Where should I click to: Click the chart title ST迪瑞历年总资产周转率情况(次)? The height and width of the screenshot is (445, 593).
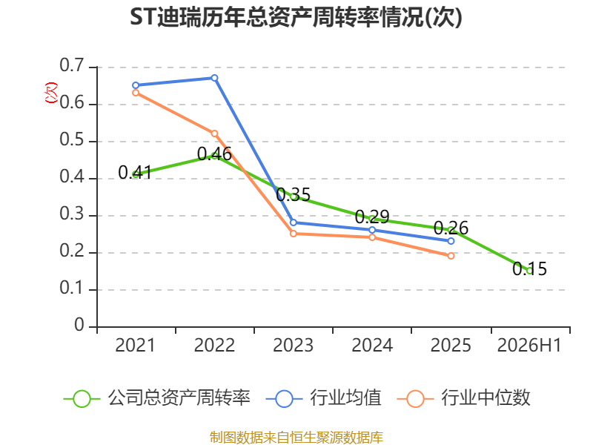pos(296,17)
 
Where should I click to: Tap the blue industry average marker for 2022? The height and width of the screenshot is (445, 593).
pos(214,78)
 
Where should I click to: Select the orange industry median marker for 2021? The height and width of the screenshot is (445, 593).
pos(136,93)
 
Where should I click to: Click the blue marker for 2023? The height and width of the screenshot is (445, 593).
pos(293,223)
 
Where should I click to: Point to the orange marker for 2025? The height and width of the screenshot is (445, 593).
pos(451,256)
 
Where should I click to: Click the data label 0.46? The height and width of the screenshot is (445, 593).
pos(214,154)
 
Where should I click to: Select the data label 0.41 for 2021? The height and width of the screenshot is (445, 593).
pos(135,173)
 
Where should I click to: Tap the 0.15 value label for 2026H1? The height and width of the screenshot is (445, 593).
pos(529,269)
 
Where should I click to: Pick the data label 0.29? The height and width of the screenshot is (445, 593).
pos(372,217)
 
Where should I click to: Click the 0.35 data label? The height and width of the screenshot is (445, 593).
pos(293,195)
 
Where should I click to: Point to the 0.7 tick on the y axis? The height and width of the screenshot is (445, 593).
pos(72,65)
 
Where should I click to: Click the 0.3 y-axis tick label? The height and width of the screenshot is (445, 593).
pos(72,214)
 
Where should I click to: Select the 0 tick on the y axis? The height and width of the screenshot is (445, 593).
pos(79,325)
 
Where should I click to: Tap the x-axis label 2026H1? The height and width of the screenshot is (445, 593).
pos(529,345)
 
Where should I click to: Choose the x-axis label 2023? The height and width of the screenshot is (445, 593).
pos(293,345)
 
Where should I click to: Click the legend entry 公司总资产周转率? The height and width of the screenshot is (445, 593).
pos(157,398)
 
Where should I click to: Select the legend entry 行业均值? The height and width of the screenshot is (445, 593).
pos(324,398)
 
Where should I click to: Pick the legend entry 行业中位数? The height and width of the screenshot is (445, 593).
pos(464,398)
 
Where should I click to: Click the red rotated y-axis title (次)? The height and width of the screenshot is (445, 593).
pos(51,93)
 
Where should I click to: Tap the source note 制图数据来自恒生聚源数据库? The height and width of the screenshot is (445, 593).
pos(296,438)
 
